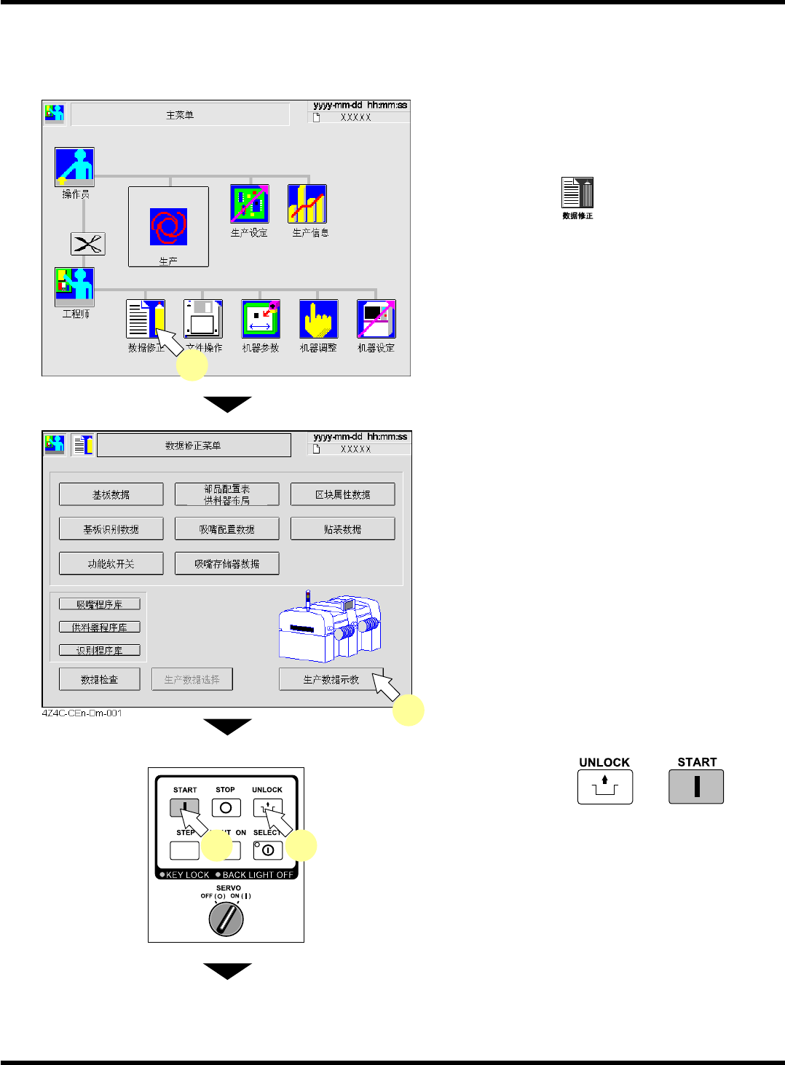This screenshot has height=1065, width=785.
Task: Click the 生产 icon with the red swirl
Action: pyautogui.click(x=168, y=226)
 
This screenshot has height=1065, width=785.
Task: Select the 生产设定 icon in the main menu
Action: pyautogui.click(x=249, y=204)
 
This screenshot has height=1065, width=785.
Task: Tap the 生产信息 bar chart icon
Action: pyautogui.click(x=307, y=204)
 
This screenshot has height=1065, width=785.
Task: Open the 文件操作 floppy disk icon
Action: pyautogui.click(x=203, y=319)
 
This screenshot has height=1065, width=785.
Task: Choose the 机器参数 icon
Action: pyautogui.click(x=261, y=319)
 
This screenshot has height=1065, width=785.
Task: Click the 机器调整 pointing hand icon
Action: pyautogui.click(x=318, y=319)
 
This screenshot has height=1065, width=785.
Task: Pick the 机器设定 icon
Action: pyautogui.click(x=376, y=319)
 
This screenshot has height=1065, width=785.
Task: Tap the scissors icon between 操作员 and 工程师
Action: pyautogui.click(x=87, y=244)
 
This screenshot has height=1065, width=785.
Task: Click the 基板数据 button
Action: pyautogui.click(x=111, y=494)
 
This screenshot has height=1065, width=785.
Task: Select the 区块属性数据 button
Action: pyautogui.click(x=342, y=494)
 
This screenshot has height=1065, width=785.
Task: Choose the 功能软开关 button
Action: pyautogui.click(x=111, y=563)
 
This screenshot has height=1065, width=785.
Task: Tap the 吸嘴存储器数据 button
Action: pyautogui.click(x=226, y=563)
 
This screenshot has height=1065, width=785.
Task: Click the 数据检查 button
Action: pyautogui.click(x=99, y=679)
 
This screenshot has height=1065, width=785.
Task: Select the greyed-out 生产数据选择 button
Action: pyautogui.click(x=192, y=679)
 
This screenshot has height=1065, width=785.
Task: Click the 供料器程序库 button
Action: pyautogui.click(x=99, y=627)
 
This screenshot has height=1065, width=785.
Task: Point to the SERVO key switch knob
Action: pyautogui.click(x=226, y=919)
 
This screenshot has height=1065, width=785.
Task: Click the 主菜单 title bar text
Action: pyautogui.click(x=180, y=115)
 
